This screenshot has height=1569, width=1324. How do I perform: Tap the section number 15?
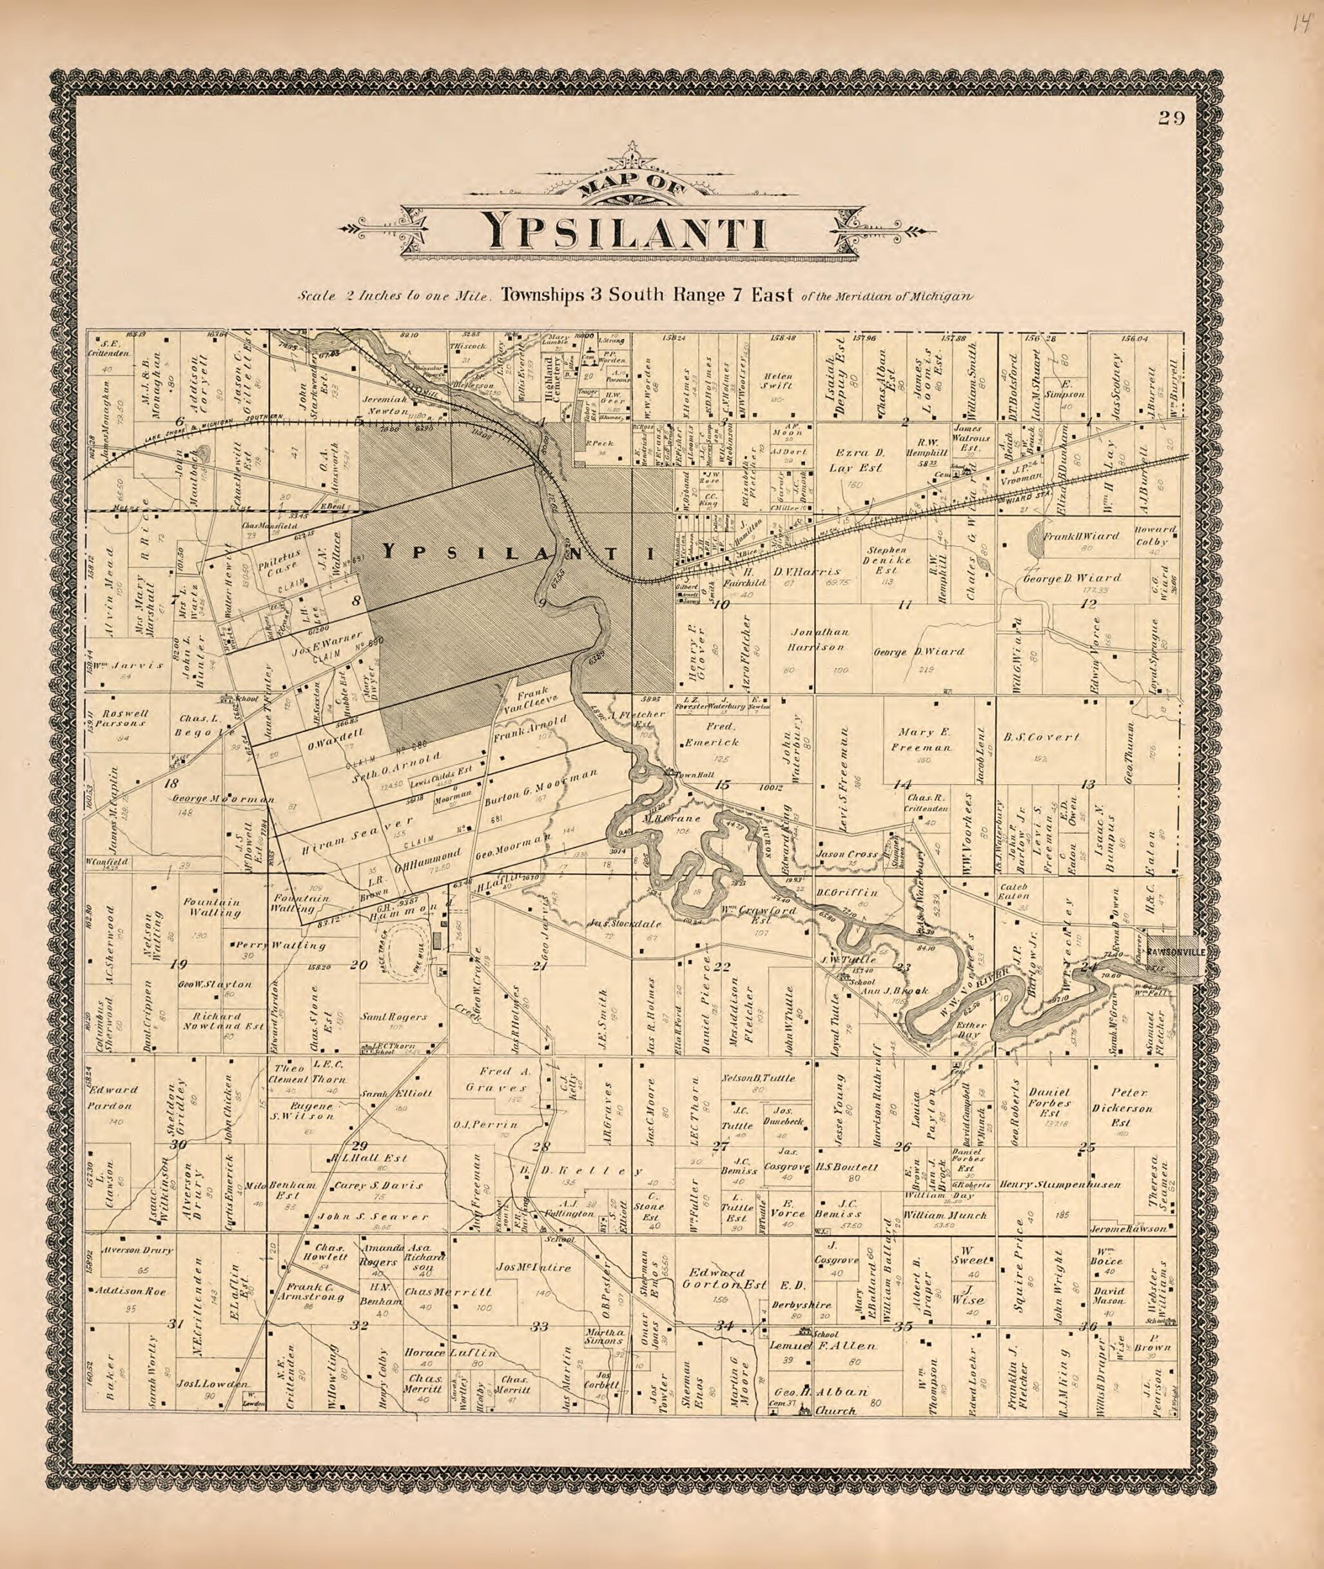(x=722, y=785)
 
